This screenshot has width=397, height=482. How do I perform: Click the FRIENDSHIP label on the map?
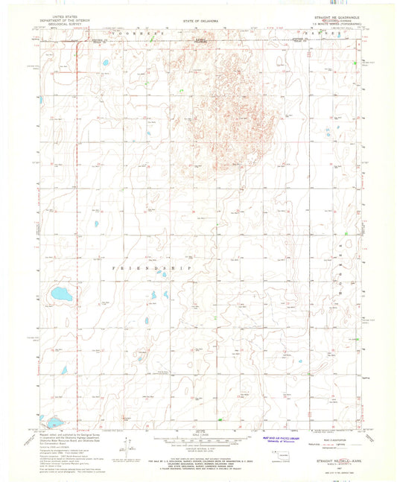pyautogui.click(x=151, y=267)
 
